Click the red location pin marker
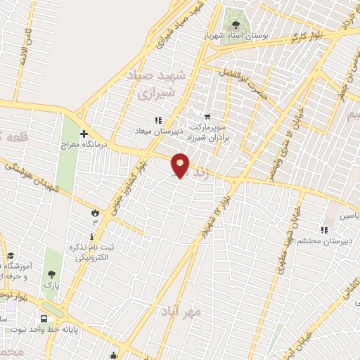pos(181,165)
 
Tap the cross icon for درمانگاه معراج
pos(84,133)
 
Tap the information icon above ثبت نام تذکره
pos(92,236)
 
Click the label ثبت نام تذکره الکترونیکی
pos(92,253)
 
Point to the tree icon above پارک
pos(51,275)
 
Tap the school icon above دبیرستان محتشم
pos(324,229)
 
